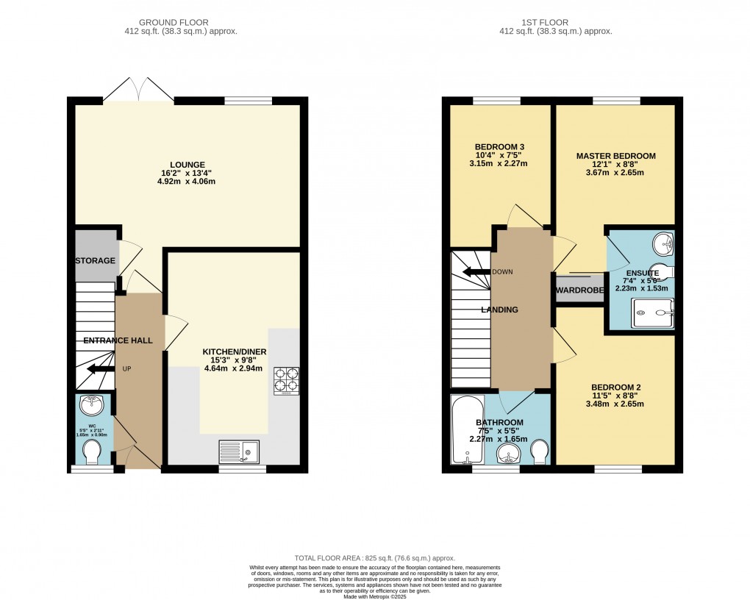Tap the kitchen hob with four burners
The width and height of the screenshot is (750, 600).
point(286,380)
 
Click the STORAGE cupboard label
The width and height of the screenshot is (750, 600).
point(95,261)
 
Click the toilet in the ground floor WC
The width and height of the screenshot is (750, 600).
point(93,451)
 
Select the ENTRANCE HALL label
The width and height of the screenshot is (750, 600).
point(118,340)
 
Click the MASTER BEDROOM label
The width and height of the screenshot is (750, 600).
point(615,156)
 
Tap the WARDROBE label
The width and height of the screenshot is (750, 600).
point(579,291)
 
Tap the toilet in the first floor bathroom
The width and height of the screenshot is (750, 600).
point(539,451)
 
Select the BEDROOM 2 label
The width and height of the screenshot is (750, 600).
point(615,387)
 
